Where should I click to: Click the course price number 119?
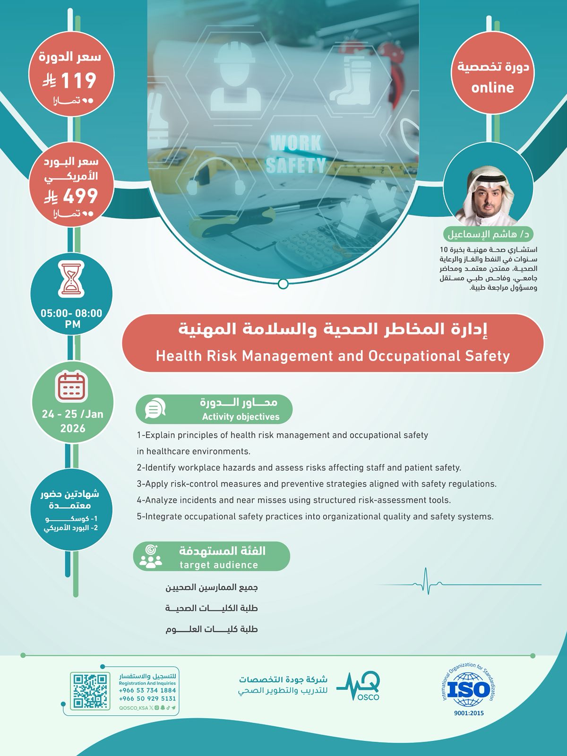point(78,80)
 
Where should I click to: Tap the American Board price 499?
point(80,196)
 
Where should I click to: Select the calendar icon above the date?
point(72,386)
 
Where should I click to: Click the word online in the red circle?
point(492,87)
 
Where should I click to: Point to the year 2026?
point(73,429)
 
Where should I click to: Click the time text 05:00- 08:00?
point(71,313)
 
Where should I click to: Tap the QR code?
point(90,691)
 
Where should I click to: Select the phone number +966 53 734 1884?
point(147,690)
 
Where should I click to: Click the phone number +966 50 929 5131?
point(147,698)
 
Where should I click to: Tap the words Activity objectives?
point(241,417)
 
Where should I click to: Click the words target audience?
point(219,565)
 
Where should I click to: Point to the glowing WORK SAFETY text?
point(296,154)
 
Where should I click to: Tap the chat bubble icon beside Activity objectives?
point(155,409)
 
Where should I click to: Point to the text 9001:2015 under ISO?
point(468,713)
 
